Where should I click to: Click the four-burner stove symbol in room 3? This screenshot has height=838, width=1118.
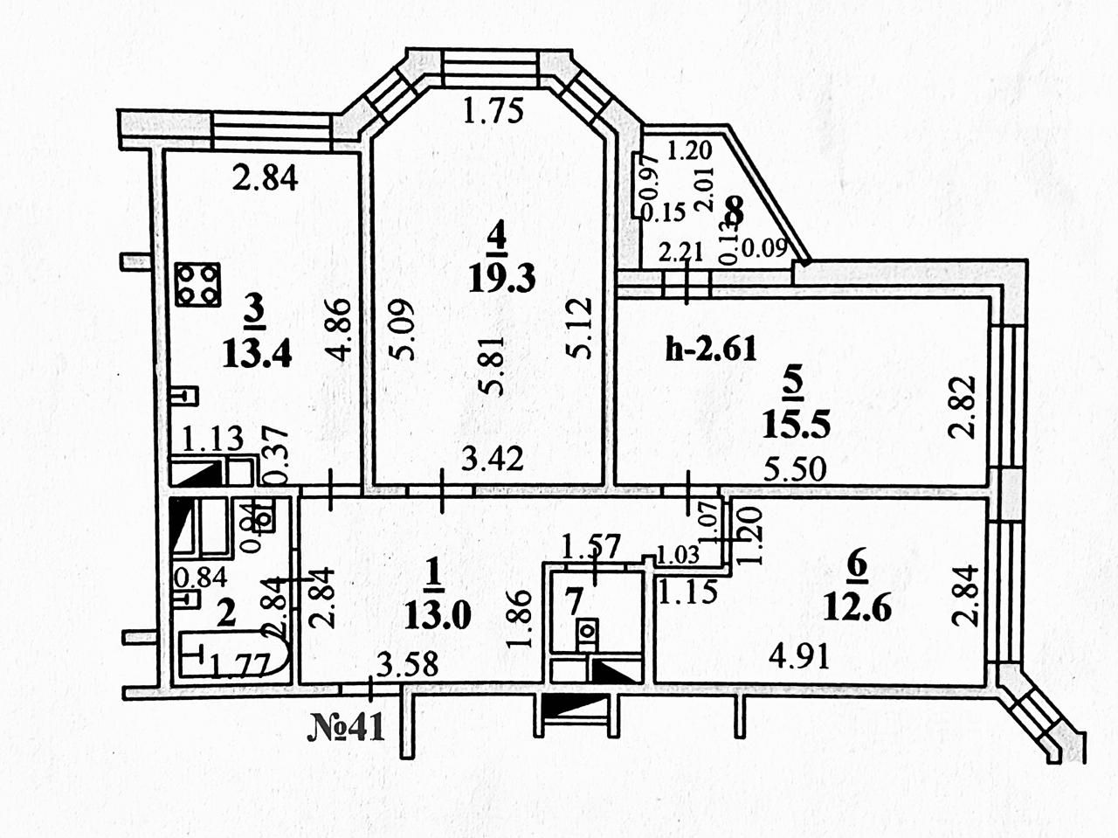click(x=197, y=284)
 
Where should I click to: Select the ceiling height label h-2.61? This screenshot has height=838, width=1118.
click(x=711, y=350)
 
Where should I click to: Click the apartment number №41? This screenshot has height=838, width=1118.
click(x=347, y=727)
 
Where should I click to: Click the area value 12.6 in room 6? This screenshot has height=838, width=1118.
click(x=857, y=606)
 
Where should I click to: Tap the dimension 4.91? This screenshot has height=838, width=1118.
click(x=796, y=654)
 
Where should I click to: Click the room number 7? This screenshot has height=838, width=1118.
click(x=572, y=601)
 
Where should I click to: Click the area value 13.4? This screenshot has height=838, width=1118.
click(x=255, y=354)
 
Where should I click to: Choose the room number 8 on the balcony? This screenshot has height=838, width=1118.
click(x=735, y=211)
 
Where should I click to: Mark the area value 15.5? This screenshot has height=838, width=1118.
click(x=795, y=426)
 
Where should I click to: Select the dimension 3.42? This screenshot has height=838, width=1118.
click(x=493, y=458)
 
